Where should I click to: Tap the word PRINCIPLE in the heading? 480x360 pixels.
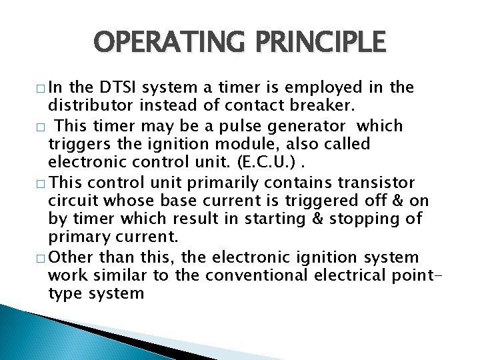point(319,43)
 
